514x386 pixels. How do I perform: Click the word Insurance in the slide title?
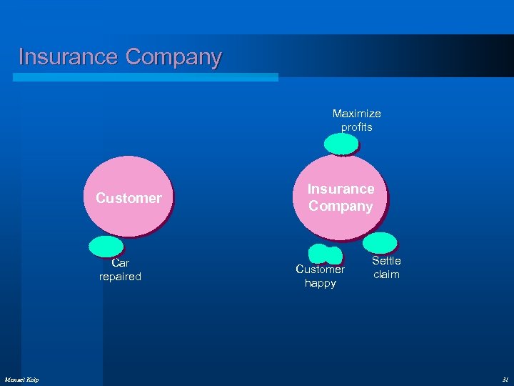(68, 56)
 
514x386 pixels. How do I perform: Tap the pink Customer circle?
(128, 197)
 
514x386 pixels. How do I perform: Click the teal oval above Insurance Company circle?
(341, 144)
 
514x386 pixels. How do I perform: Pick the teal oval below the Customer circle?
(106, 246)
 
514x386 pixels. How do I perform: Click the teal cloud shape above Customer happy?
(326, 254)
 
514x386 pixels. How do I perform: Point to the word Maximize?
(356, 114)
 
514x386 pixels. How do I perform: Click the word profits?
(356, 127)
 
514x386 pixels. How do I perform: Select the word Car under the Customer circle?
(120, 263)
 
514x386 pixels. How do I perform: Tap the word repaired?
(120, 277)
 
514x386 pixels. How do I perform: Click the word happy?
(320, 283)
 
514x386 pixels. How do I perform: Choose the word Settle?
(386, 261)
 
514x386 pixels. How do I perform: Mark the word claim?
(386, 274)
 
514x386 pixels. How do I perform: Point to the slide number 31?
(505, 379)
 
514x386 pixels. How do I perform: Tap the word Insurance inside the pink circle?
(341, 189)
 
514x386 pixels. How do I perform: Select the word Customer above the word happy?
(320, 269)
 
